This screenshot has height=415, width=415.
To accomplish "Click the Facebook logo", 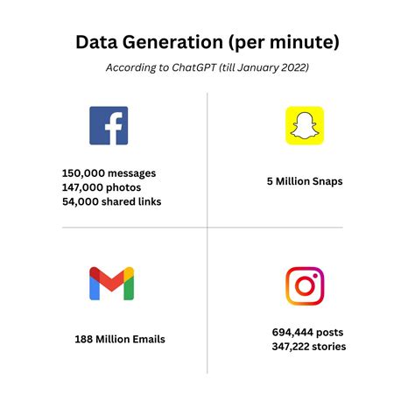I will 109,125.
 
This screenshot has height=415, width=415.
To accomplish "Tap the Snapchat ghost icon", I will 304,125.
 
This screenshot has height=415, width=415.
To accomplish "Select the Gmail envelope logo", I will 111,284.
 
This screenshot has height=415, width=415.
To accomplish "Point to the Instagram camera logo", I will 305,285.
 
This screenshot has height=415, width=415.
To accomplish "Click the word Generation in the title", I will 167,42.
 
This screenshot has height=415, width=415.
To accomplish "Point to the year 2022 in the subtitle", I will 292,68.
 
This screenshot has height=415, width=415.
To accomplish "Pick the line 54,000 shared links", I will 111,201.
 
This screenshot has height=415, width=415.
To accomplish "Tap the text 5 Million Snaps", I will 305,181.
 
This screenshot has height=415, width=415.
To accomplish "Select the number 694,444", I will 295,333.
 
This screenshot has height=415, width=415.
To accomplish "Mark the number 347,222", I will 292,347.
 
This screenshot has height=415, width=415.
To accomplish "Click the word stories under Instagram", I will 330,347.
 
